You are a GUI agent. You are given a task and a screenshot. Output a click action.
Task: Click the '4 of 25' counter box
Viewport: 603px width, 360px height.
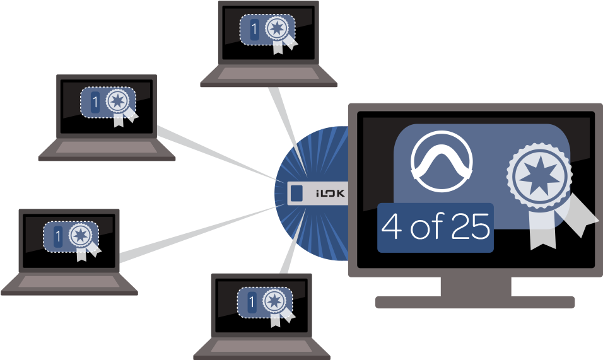(435, 228)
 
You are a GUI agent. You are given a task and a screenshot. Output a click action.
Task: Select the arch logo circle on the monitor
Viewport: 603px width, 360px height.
(442, 163)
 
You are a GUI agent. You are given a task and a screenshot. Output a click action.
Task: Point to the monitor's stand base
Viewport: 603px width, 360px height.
(475, 302)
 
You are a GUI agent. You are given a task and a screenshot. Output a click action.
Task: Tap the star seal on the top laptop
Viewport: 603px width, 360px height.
(277, 29)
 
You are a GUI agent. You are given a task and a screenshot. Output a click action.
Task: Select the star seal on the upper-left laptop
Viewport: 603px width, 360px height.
(117, 101)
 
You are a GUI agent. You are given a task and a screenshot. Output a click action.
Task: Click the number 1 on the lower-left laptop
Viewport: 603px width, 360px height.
(58, 237)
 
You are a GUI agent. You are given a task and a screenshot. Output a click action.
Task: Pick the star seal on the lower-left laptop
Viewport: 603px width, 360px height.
(79, 236)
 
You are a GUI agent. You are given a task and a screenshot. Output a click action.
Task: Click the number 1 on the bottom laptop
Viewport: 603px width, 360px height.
(252, 303)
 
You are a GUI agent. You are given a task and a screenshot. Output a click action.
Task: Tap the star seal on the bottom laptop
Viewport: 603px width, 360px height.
(274, 301)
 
